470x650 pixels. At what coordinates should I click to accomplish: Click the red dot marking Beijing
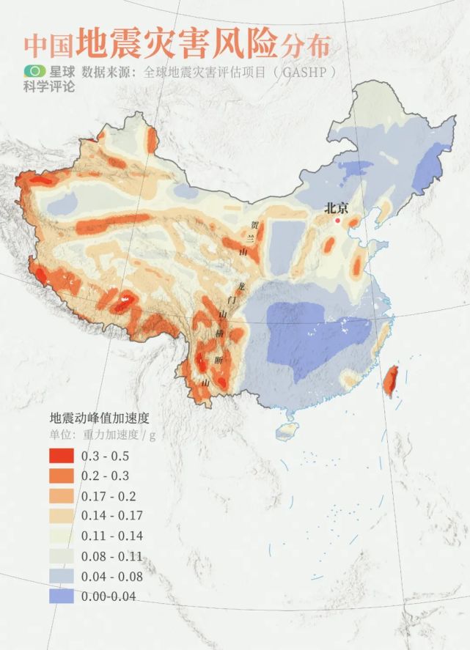coord(338,220)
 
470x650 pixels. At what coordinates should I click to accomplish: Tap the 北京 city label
coord(337,208)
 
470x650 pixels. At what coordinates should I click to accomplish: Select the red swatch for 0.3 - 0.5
coord(62,456)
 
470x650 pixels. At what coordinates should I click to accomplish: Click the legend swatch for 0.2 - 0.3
coord(62,476)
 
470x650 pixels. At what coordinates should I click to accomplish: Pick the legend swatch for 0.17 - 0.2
coord(62,496)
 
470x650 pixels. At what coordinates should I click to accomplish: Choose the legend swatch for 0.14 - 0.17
coord(62,516)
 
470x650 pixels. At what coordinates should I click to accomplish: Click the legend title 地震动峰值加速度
coord(99,418)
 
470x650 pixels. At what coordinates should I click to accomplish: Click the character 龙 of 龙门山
coord(234,286)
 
